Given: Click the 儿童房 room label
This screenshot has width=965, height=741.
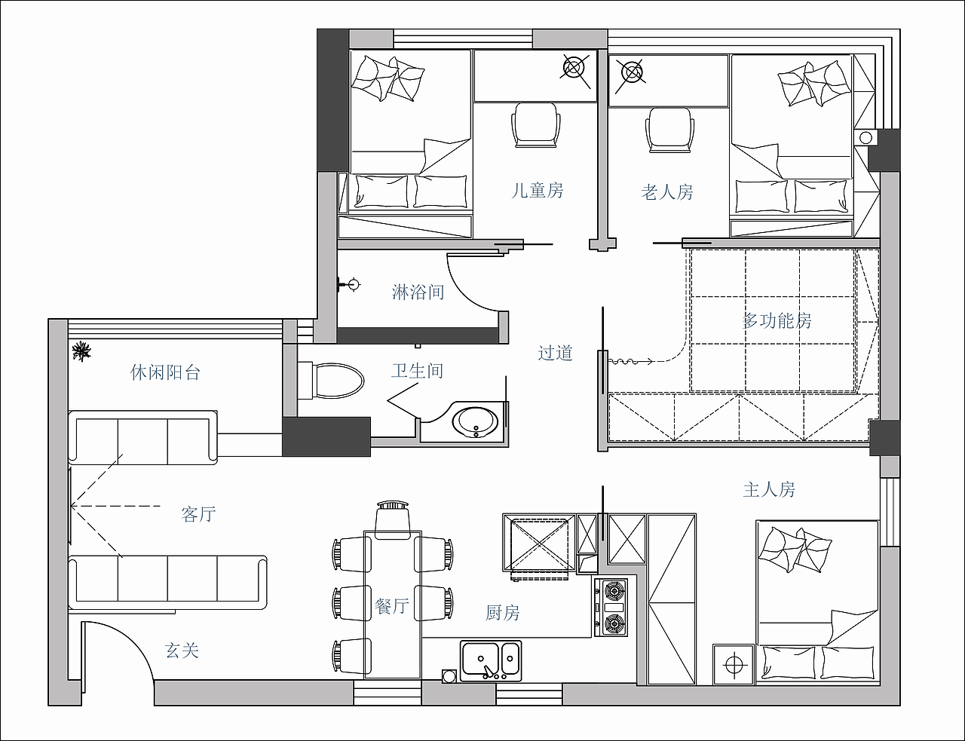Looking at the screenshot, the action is (537, 191).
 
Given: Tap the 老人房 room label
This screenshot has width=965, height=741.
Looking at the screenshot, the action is (666, 192).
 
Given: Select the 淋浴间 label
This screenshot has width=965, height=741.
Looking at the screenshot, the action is (418, 292).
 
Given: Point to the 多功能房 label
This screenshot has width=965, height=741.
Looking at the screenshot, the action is (777, 320).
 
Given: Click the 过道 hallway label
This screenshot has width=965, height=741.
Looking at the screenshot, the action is (555, 353).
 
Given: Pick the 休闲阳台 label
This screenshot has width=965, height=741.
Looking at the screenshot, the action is (165, 372).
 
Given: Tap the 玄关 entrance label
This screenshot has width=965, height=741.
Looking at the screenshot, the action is (182, 651).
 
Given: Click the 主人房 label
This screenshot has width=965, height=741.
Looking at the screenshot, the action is (769, 489).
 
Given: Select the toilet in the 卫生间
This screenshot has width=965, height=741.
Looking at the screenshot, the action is (331, 381).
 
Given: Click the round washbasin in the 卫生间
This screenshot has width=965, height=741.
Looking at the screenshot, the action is (475, 422).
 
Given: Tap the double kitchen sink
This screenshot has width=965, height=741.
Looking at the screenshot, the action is (491, 660).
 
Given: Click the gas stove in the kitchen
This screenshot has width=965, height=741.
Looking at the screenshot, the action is (611, 608).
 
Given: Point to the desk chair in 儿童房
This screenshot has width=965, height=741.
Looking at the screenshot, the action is (535, 125).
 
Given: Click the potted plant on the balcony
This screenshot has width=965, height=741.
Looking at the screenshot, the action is (81, 351).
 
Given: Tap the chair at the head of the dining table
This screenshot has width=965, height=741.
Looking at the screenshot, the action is (393, 520).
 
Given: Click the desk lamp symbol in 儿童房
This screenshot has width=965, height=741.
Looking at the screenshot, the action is (574, 68).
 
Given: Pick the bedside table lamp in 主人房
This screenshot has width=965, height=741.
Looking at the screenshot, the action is (734, 665).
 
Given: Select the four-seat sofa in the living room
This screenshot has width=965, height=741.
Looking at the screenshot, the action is (168, 582).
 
